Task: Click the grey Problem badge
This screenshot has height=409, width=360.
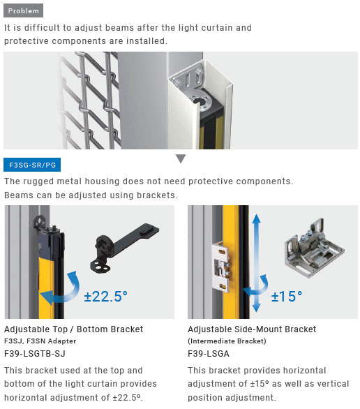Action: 23,10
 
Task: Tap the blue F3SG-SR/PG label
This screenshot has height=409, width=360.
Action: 32,165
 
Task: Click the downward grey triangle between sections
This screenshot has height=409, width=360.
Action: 181,158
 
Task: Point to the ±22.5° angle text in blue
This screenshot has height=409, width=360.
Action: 105,297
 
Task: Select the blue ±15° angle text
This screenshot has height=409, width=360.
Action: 287,297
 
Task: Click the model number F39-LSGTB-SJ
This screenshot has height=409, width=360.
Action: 35,354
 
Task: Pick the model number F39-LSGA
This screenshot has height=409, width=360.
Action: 209,354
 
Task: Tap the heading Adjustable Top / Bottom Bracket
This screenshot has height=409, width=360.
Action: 73,329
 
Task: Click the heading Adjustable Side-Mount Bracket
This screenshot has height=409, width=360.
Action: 252,329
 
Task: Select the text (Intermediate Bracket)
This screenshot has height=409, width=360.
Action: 227,341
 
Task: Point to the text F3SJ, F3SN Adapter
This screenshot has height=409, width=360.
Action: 40,341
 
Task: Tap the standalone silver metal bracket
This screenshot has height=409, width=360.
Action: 314,248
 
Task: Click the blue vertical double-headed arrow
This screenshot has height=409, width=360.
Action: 257,263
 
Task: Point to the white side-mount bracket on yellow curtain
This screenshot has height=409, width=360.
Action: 221,267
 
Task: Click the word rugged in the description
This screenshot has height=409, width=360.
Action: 39,181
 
